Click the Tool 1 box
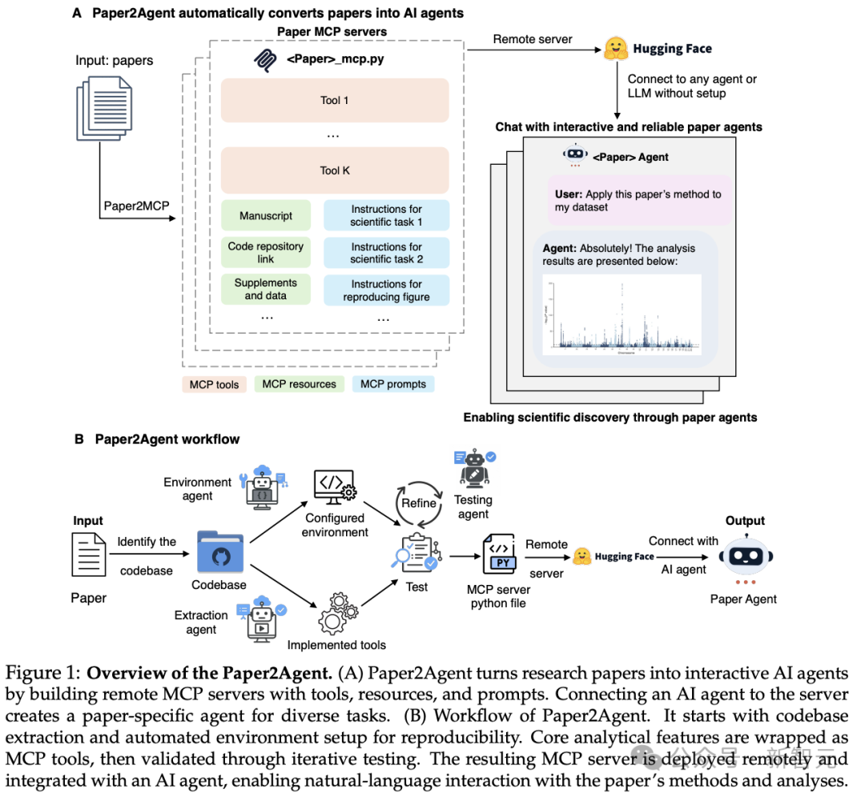coord(334,100)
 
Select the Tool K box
coord(334,170)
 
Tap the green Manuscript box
coord(266,216)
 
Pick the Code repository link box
coord(266,253)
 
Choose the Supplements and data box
coord(266,289)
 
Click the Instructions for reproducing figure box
coord(386,290)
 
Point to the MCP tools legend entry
coord(214,384)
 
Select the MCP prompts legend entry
coord(393,384)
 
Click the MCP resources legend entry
coord(300,384)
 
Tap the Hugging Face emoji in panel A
coord(614,48)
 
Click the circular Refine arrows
coord(419,503)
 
